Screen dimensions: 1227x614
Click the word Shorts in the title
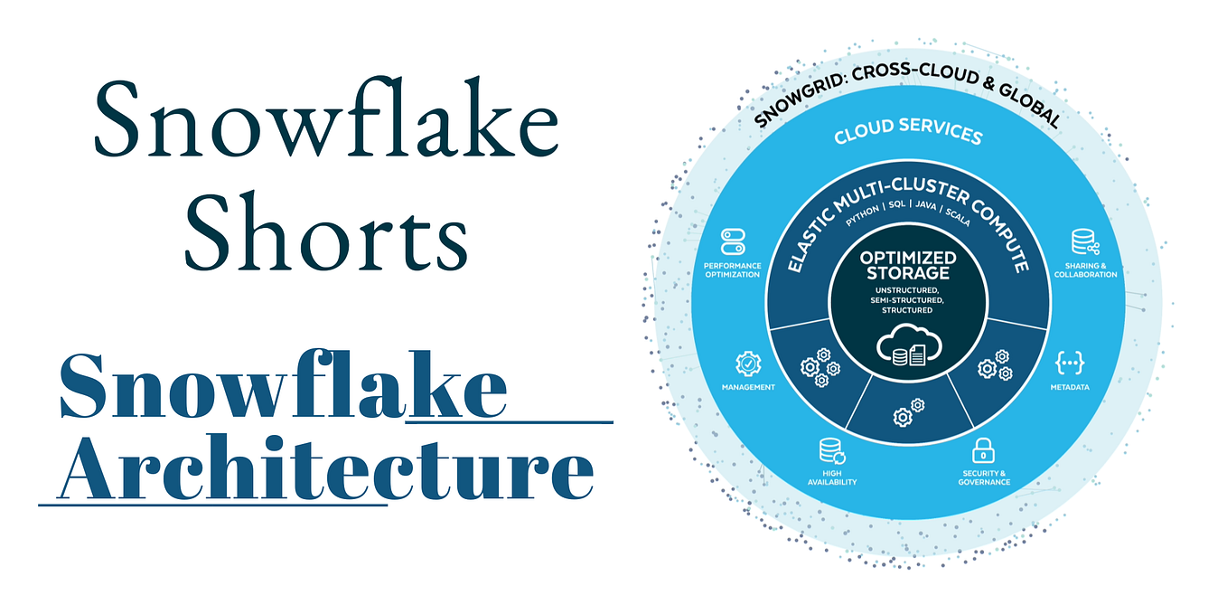326,231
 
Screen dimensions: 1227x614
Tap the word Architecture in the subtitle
325,468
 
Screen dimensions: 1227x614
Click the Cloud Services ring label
908,132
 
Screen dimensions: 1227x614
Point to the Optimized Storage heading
908,265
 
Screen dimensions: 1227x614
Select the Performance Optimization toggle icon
733,241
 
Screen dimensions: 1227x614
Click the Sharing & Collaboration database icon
1085,242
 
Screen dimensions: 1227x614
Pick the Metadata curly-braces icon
1069,363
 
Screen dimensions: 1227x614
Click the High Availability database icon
832,451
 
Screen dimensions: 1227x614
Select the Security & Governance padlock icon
983,450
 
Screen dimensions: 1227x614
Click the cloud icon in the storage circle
909,345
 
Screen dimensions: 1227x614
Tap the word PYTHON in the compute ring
862,215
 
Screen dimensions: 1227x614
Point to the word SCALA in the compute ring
958,218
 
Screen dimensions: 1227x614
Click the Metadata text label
1070,387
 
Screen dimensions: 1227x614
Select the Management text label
748,387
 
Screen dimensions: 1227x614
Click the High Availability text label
832,477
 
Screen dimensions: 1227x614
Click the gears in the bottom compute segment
909,412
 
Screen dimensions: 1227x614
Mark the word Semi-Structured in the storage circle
907,300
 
